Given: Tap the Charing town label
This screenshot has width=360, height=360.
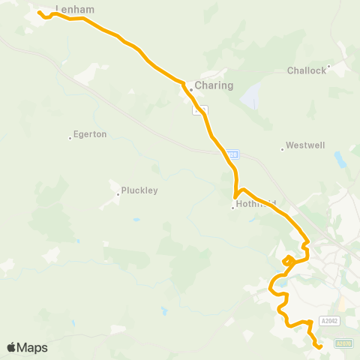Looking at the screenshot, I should tap(214, 85).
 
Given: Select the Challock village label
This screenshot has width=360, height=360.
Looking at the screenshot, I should tap(307, 70).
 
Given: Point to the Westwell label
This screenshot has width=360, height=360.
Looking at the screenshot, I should tap(306, 145).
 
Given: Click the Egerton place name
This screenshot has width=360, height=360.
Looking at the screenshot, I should tap(91, 134).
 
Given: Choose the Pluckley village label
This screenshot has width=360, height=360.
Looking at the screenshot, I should tap(139, 190).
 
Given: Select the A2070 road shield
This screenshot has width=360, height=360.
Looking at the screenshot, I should tap(344, 343).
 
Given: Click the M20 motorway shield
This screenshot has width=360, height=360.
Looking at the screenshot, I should tap(231, 154).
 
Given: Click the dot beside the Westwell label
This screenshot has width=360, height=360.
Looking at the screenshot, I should tap(282, 148).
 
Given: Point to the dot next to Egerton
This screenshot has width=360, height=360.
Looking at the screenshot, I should tap(70, 137).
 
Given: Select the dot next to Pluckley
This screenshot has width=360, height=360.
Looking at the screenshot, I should tap(118, 193).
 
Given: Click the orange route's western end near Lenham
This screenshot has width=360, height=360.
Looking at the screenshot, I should tap(39, 12).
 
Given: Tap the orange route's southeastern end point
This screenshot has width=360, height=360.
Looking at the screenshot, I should tap(320, 347).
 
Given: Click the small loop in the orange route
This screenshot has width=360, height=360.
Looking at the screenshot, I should tap(288, 260).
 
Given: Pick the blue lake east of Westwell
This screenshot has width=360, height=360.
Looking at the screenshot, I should tap(341, 160).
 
